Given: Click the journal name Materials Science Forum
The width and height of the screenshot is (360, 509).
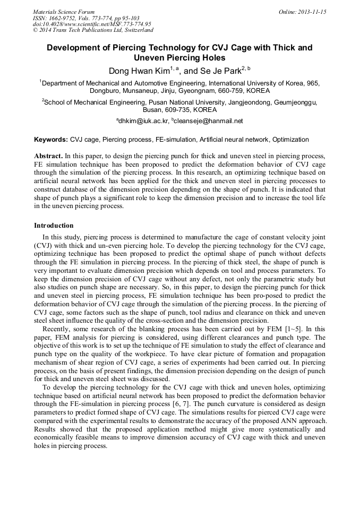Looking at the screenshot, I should [x=64, y=12].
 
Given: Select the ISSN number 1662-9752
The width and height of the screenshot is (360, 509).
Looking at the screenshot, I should [x=63, y=18].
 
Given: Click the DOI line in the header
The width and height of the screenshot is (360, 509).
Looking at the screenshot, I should [x=92, y=24].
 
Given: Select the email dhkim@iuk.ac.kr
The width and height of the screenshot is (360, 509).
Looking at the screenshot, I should [x=144, y=121].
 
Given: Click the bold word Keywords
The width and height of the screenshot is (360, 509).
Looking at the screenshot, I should [x=51, y=140].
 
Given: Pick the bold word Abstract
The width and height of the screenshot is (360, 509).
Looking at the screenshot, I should [x=48, y=157].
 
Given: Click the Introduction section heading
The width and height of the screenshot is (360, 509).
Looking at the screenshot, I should [x=54, y=226].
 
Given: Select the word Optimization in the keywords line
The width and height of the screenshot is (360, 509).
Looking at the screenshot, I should [x=289, y=140].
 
